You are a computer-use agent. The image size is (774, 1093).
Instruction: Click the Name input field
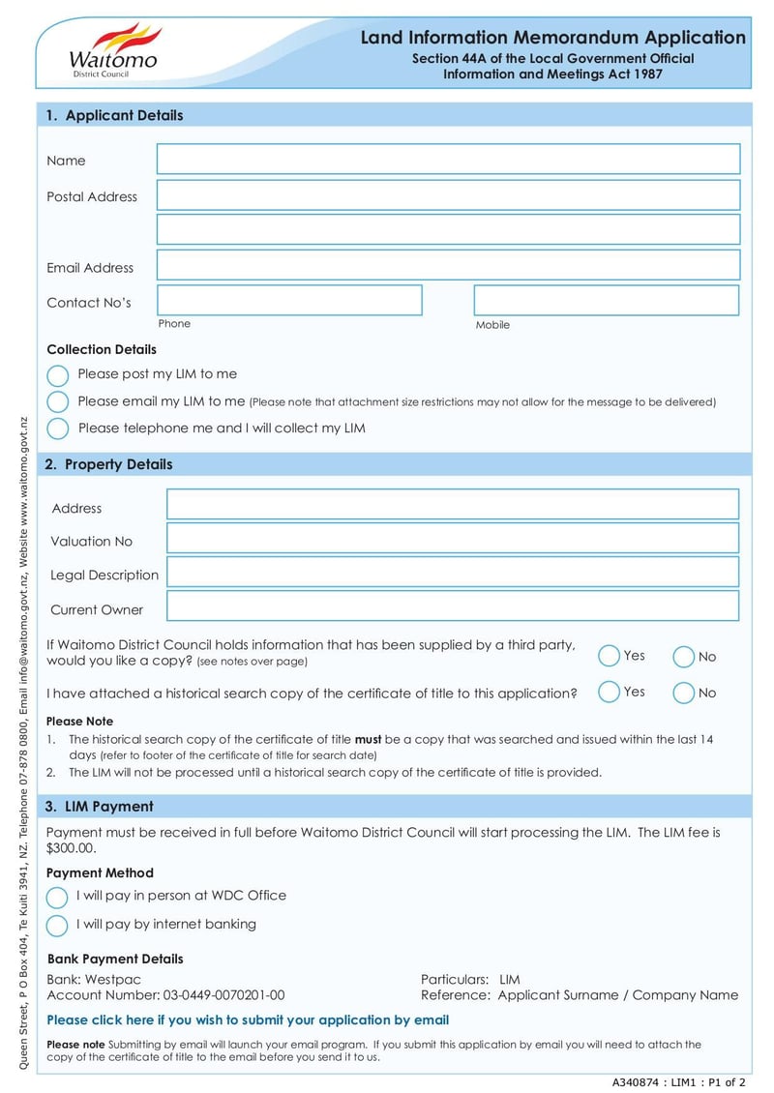(x=448, y=160)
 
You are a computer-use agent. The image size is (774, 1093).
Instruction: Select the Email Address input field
(x=448, y=265)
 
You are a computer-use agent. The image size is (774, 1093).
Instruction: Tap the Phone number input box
(x=289, y=300)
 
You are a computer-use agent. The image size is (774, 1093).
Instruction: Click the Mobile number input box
(x=606, y=300)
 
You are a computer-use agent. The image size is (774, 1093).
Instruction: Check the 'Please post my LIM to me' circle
(x=58, y=375)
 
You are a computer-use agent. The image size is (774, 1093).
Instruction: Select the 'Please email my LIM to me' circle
(x=58, y=401)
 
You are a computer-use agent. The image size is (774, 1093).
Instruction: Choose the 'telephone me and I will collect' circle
(x=58, y=428)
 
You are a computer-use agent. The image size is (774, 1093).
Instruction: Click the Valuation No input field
(x=452, y=538)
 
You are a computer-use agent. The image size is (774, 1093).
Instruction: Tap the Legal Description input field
(x=452, y=572)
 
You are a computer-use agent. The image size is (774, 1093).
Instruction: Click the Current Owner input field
(x=452, y=606)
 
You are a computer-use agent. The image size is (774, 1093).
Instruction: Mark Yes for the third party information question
(x=609, y=656)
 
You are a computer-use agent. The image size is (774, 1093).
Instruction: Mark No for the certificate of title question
(x=683, y=693)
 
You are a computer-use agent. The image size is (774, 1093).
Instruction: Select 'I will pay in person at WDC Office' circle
(x=57, y=897)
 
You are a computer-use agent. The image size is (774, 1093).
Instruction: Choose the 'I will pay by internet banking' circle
(x=57, y=925)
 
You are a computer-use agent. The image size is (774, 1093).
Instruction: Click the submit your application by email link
(x=248, y=1019)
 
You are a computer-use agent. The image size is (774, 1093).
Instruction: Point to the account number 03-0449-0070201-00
(x=223, y=994)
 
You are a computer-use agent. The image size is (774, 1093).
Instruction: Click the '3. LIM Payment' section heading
(x=100, y=806)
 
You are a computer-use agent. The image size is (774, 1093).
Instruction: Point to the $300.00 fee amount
(x=72, y=848)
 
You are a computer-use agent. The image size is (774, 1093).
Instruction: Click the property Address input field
(x=452, y=504)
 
